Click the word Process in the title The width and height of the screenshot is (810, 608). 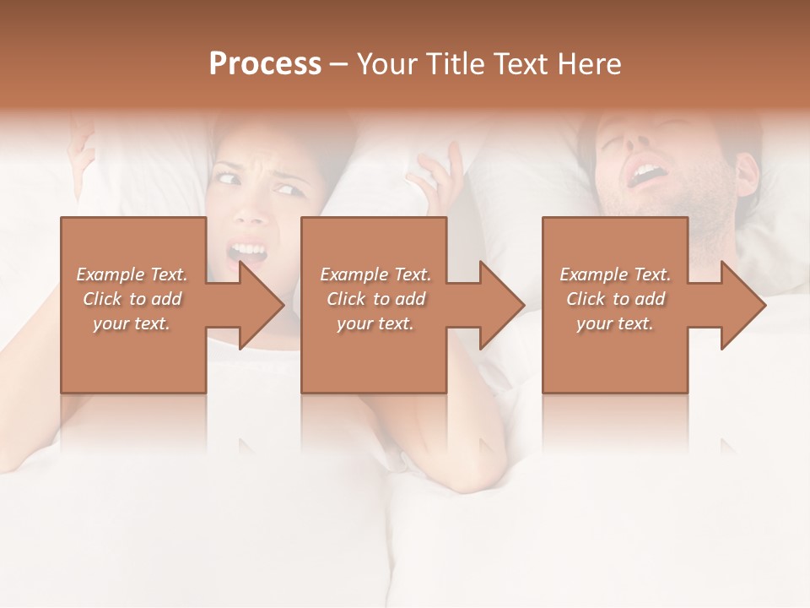click(265, 64)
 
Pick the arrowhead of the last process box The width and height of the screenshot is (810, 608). click(740, 305)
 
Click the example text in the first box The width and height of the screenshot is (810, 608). click(132, 299)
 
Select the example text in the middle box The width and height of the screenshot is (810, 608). click(375, 299)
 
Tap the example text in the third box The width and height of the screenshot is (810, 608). click(615, 299)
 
